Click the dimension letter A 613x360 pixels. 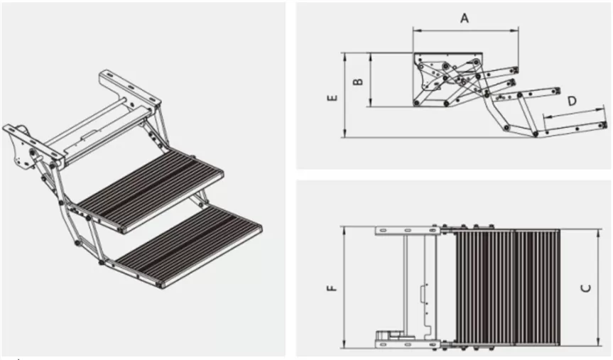465,18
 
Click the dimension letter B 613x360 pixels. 359,80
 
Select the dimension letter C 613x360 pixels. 585,288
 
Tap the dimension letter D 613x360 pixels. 572,102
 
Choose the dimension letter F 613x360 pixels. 331,288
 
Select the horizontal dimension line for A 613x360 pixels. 465,31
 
